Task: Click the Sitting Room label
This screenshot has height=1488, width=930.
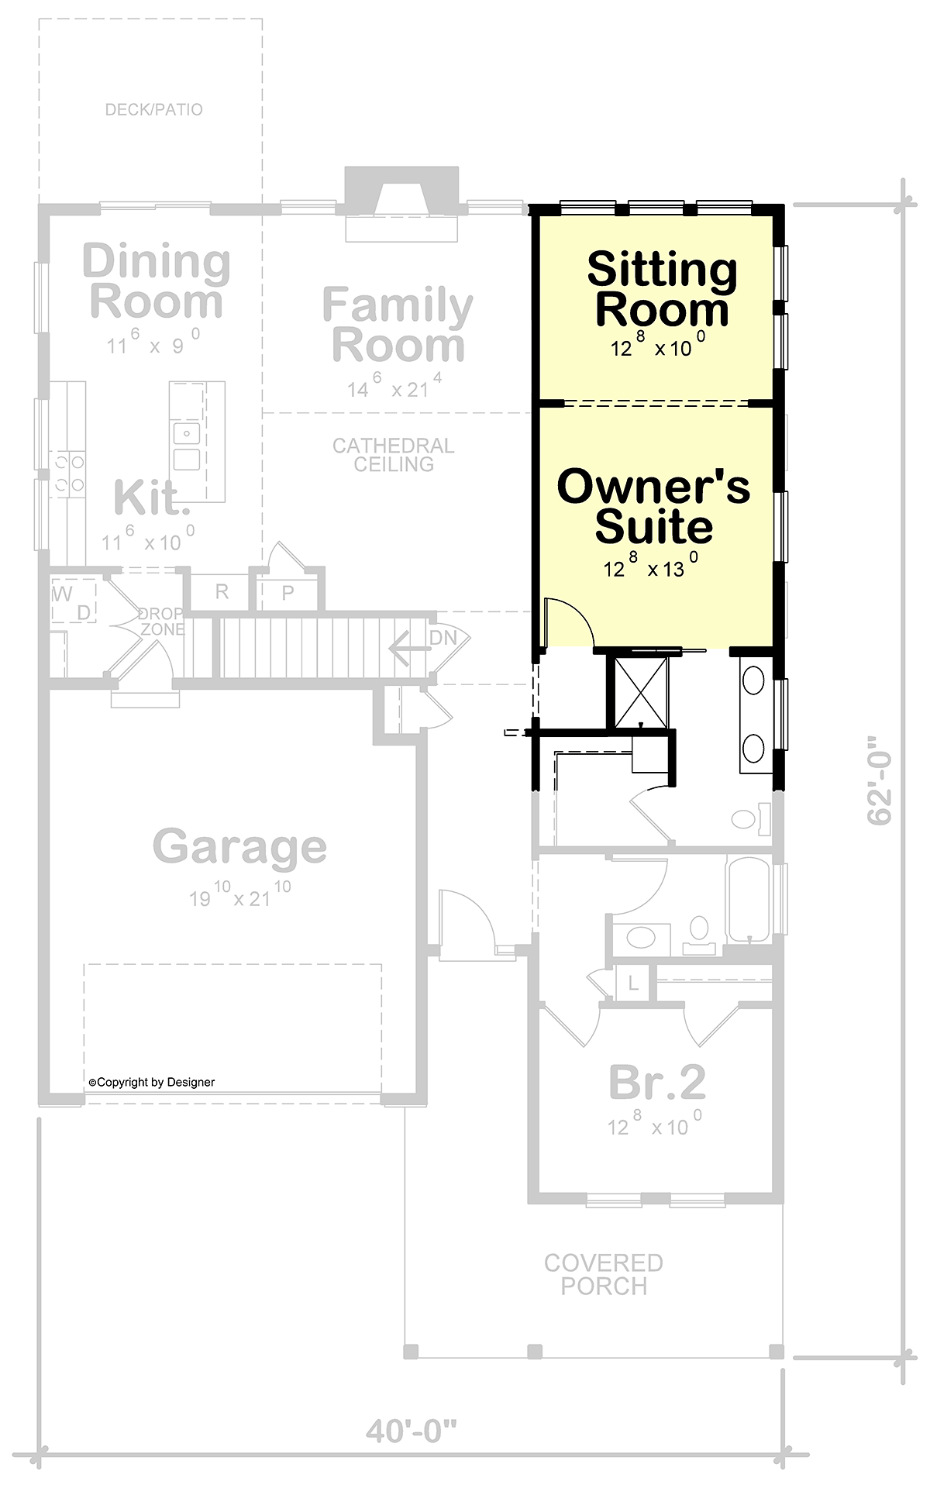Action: (663, 289)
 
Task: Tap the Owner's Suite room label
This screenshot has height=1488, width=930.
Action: (654, 506)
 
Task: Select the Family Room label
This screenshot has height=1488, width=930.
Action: (398, 325)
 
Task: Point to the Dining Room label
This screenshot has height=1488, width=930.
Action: (157, 281)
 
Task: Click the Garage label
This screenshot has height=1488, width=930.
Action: (239, 847)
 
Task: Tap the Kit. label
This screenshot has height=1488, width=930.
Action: (152, 498)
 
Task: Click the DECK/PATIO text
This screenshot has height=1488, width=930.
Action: (154, 109)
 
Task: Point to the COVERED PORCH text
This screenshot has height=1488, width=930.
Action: (604, 1274)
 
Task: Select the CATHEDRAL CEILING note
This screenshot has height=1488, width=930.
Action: (394, 455)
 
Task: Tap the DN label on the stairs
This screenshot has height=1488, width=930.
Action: (443, 638)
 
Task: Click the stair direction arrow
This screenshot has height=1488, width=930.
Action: (408, 649)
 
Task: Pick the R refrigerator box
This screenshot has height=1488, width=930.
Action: (221, 593)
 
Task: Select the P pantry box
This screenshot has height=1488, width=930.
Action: (288, 593)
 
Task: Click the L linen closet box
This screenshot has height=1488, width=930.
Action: (633, 984)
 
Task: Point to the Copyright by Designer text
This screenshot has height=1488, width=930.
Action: (152, 1082)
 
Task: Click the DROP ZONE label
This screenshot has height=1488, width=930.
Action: (161, 622)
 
